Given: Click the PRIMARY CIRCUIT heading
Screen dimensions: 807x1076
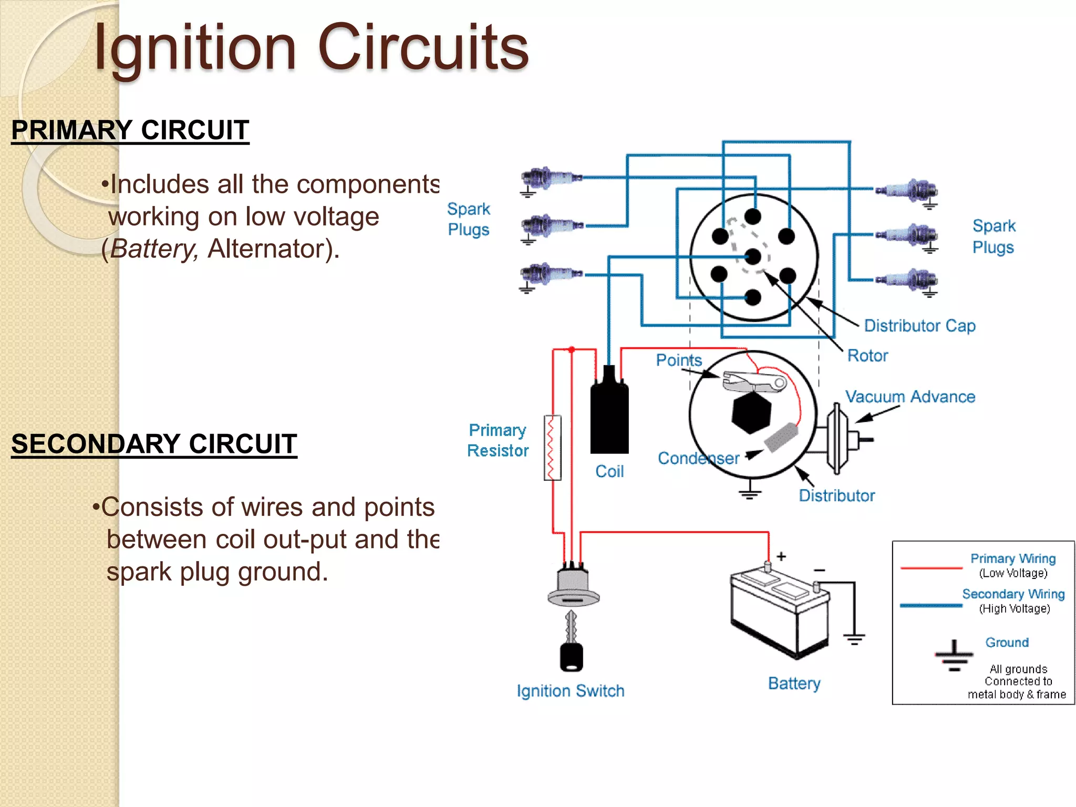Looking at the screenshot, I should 130,130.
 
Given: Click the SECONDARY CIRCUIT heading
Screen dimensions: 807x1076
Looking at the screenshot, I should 154,443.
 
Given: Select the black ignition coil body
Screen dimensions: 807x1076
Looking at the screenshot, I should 609,418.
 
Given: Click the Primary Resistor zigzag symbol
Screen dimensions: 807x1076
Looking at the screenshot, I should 552,448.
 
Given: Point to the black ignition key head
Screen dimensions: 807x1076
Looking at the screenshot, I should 571,657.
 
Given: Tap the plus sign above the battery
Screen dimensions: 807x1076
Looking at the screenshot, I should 781,556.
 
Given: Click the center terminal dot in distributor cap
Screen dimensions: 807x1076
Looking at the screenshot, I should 753,257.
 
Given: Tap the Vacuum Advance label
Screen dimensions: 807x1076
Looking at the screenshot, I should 910,397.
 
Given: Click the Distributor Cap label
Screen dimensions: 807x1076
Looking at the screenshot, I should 919,326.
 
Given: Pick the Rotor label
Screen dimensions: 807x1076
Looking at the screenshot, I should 867,356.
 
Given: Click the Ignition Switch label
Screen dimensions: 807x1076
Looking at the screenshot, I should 571,690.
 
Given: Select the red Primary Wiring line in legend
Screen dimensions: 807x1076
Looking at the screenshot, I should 931,568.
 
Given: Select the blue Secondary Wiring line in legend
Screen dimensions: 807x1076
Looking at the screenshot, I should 931,605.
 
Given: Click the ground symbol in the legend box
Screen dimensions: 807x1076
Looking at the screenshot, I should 954,656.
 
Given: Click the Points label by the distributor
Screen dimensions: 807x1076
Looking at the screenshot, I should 679,360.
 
